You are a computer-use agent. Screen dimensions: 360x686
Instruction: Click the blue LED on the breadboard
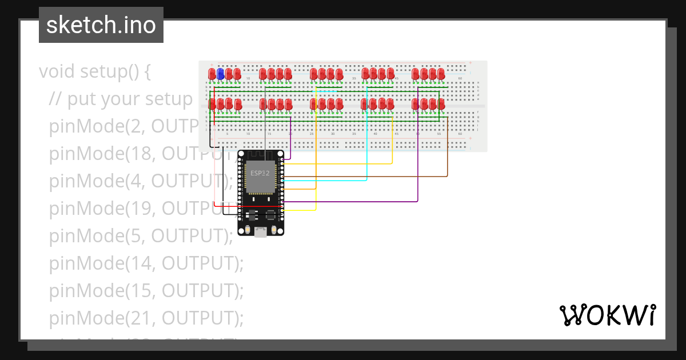[x=220, y=74]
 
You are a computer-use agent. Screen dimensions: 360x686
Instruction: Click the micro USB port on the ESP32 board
[x=261, y=232]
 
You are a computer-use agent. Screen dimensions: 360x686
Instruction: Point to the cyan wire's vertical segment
[x=366, y=137]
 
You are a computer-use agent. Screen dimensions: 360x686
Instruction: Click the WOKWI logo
[x=607, y=315]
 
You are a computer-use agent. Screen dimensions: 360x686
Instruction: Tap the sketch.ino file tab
[x=101, y=25]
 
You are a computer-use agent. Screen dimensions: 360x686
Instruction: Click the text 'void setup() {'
[x=95, y=71]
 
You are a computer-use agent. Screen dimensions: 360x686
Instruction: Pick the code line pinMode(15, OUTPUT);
[x=146, y=290]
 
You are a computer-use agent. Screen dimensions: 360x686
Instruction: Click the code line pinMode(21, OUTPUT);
[x=146, y=318]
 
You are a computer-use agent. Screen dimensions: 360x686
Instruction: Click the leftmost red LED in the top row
[x=212, y=74]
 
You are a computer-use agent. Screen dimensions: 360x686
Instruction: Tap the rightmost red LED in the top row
[x=441, y=74]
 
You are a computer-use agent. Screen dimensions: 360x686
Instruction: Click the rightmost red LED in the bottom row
[x=441, y=104]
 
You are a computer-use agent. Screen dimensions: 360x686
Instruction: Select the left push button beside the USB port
[x=247, y=230]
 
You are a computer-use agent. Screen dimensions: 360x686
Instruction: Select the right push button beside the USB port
[x=275, y=230]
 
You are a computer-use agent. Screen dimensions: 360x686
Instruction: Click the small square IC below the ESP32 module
[x=269, y=215]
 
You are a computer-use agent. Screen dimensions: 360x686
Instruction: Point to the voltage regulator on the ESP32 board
[x=251, y=215]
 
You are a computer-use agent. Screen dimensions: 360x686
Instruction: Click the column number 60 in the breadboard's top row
[x=460, y=78]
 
